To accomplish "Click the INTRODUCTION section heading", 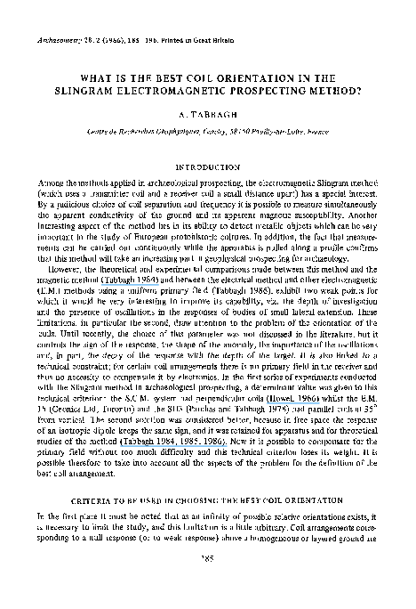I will [x=209, y=166].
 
